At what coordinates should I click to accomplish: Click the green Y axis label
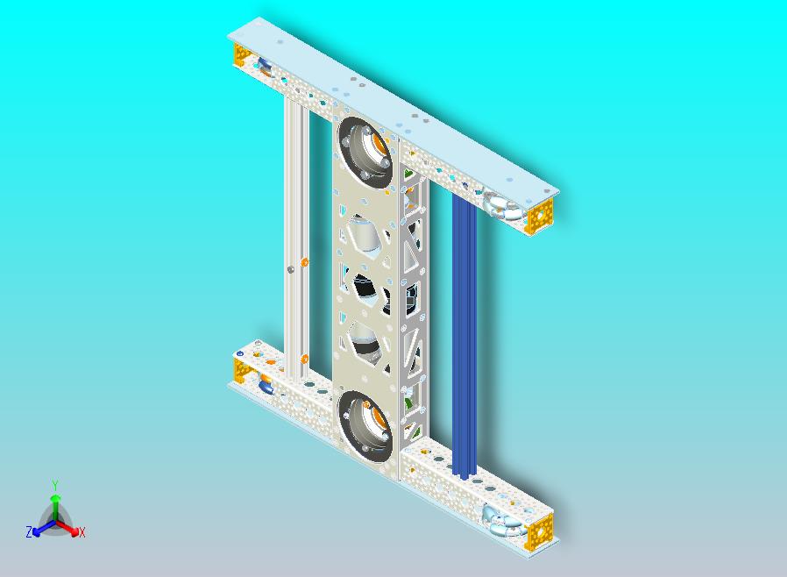point(55,485)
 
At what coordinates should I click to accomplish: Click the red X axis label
point(82,532)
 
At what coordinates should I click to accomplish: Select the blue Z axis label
point(29,531)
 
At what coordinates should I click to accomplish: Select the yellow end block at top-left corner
point(240,54)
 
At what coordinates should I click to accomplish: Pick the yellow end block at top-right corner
point(539,216)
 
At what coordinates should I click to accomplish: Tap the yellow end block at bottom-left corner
point(241,371)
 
